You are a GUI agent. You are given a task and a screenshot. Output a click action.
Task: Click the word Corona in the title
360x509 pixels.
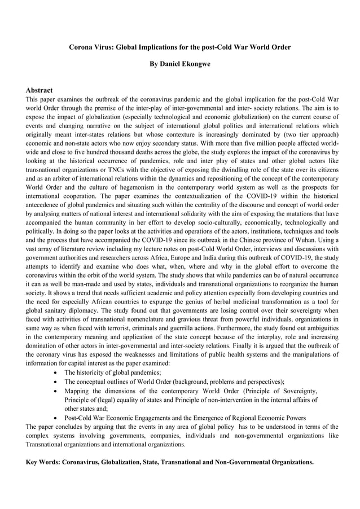pos(81,47)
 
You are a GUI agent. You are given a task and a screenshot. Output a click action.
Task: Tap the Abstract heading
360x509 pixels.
pos(39,90)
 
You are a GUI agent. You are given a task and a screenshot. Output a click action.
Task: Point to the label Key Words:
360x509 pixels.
pos(43,462)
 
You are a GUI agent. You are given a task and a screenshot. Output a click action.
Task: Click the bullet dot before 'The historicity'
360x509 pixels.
pos(56,372)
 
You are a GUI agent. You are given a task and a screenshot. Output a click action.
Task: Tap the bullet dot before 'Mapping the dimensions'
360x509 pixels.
pos(56,390)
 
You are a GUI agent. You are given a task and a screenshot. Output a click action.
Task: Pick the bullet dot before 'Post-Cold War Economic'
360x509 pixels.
pos(56,418)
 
